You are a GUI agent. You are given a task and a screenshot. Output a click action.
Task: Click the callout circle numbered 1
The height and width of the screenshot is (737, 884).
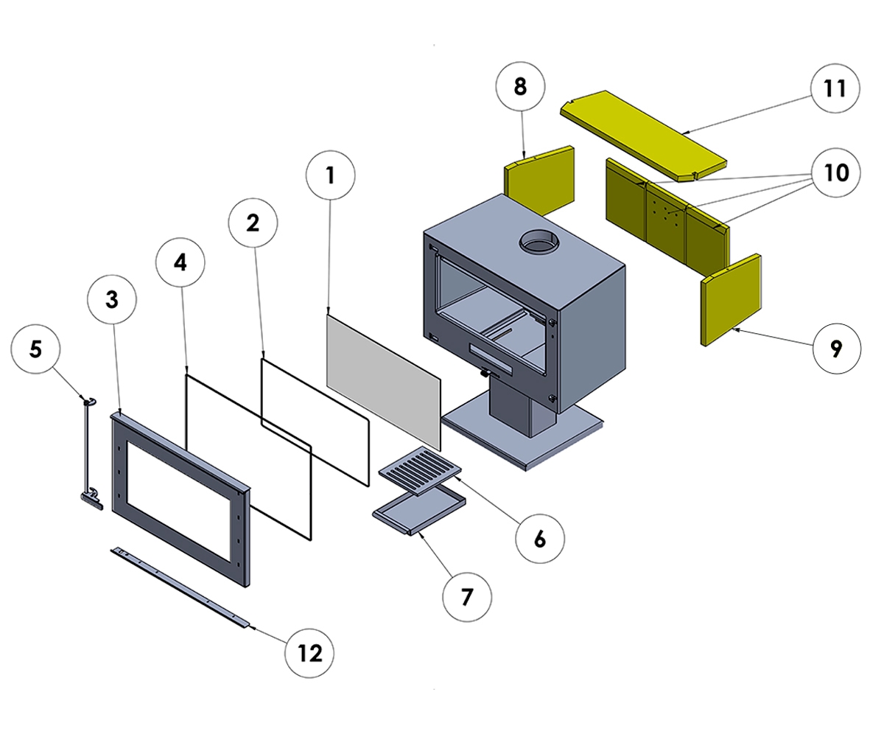(x=330, y=175)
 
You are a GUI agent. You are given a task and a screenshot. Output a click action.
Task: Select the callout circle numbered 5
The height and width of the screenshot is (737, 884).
(x=36, y=349)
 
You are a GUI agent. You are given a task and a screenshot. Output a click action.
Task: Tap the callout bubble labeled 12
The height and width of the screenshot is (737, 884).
(x=310, y=653)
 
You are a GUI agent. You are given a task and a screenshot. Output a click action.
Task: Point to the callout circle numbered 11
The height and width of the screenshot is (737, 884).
(x=834, y=88)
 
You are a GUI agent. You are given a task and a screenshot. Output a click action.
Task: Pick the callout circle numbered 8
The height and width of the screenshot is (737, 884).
(x=520, y=87)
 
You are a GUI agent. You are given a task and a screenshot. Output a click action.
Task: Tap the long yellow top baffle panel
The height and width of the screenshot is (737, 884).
(x=641, y=133)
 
